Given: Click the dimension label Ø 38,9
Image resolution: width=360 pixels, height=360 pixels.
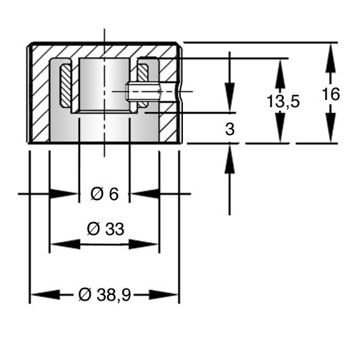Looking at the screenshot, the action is point(104,295).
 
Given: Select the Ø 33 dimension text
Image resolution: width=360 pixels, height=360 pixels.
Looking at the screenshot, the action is point(106,229).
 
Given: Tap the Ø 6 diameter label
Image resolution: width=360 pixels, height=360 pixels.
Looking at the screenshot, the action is point(104,194).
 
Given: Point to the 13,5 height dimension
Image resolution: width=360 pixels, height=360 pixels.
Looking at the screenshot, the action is point(283,101).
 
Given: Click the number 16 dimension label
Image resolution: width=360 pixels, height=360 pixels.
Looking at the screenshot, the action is point(331,94).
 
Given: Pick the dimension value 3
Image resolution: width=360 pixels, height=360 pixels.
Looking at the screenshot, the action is point(230,129).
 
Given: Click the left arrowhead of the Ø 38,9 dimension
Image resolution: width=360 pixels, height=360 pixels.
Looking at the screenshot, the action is point(45,295).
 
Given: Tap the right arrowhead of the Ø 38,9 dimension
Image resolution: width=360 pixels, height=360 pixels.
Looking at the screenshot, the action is point(164,295).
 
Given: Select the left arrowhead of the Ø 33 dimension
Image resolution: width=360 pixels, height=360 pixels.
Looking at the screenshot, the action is point(66,244).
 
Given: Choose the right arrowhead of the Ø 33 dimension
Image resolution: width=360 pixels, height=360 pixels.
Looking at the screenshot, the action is point(144,244).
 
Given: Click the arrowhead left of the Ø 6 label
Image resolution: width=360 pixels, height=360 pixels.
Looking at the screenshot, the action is point(64,194).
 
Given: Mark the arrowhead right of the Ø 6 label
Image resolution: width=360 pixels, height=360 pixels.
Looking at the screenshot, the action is point(144,194).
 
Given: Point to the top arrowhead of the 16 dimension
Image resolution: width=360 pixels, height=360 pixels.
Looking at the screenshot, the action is point(331,58).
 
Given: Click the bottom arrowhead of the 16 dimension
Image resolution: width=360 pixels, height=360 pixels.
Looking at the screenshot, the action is point(331,127).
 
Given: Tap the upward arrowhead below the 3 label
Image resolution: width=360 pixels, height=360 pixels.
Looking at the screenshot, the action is point(230,159).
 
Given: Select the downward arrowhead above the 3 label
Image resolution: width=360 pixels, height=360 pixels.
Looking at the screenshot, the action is point(230,97).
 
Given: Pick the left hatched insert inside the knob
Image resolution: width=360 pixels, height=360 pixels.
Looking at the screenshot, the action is point(66,86).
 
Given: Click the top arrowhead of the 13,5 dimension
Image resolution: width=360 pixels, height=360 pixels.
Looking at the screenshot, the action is point(281,74).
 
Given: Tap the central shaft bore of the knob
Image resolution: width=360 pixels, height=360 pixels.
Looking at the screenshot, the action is point(104,84).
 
